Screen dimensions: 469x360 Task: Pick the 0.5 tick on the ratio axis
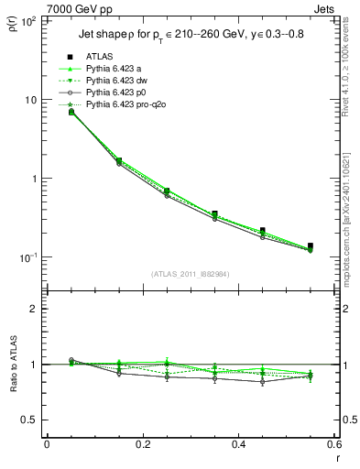point(30,420)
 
